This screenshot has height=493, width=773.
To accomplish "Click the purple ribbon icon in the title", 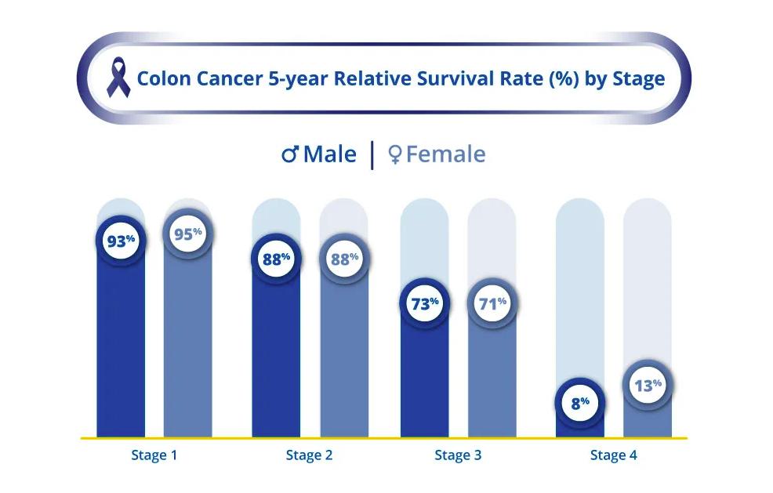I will tap(119, 79).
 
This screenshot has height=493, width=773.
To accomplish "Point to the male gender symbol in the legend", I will tap(290, 154).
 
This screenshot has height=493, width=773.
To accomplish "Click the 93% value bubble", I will tap(121, 241).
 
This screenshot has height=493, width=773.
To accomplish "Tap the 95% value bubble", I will tap(187, 233).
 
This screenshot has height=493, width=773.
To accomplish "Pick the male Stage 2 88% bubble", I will tap(276, 259).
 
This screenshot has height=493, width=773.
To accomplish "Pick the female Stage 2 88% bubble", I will tap(343, 259).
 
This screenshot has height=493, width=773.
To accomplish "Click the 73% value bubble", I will tap(424, 304).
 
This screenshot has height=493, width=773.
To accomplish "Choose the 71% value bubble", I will tap(492, 304).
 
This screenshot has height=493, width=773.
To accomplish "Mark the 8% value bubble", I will tap(579, 404).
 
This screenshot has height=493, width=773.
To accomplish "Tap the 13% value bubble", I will tap(647, 385).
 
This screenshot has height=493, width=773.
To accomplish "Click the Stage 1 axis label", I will tap(154, 455).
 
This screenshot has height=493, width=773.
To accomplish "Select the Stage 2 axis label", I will tap(309, 455).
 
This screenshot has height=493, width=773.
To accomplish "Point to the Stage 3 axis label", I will tap(458, 455).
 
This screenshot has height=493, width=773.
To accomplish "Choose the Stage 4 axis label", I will tap(613, 455).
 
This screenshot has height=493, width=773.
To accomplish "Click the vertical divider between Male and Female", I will tap(372, 154).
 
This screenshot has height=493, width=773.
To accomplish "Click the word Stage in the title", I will tap(638, 79).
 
